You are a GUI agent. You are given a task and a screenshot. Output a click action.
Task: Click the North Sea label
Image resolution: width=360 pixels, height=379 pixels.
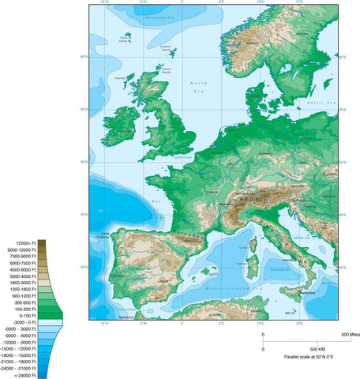click(x=199, y=86)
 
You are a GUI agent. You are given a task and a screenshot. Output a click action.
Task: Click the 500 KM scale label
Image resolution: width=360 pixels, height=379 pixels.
click(x=314, y=348)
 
